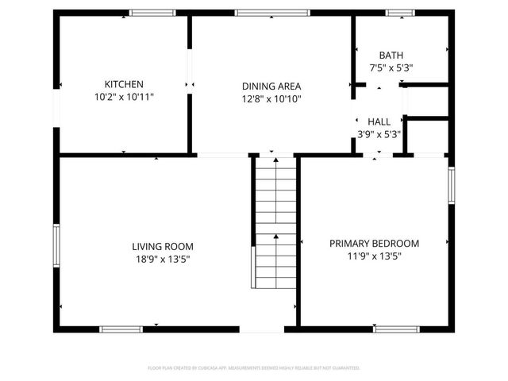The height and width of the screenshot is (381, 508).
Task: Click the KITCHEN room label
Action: point(124,84)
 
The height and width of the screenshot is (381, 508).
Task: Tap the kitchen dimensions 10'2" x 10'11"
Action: point(124,97)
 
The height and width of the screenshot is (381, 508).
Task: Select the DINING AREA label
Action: point(271,87)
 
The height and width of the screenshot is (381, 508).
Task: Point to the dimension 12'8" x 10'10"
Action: point(271,99)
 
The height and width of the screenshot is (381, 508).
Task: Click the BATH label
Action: point(391,56)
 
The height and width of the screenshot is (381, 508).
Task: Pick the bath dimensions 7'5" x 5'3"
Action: point(391,67)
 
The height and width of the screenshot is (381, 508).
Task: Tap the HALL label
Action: point(379,121)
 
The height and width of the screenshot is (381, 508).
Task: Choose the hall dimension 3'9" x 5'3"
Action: point(379,134)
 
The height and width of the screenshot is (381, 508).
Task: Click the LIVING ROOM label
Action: point(162,247)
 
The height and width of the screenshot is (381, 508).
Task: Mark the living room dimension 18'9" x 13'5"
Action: point(162,260)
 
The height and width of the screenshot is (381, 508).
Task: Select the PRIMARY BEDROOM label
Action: point(374,244)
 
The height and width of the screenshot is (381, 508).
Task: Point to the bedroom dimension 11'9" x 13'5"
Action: point(374,256)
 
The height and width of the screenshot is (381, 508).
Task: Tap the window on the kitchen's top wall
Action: point(152,13)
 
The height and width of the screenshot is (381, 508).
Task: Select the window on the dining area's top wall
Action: point(261,13)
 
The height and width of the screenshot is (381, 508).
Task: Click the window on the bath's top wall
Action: point(399,13)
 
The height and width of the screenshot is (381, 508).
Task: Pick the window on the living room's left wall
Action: point(56,248)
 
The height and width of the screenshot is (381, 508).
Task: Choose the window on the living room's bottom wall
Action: point(121,329)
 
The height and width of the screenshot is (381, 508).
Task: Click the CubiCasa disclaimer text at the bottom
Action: point(254,368)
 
